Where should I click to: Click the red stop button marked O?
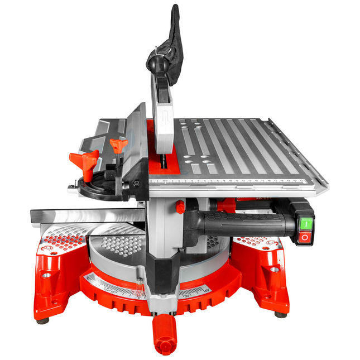305,237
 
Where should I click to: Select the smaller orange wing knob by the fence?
118,146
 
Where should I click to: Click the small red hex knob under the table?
180,207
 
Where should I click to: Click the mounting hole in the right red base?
274,270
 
